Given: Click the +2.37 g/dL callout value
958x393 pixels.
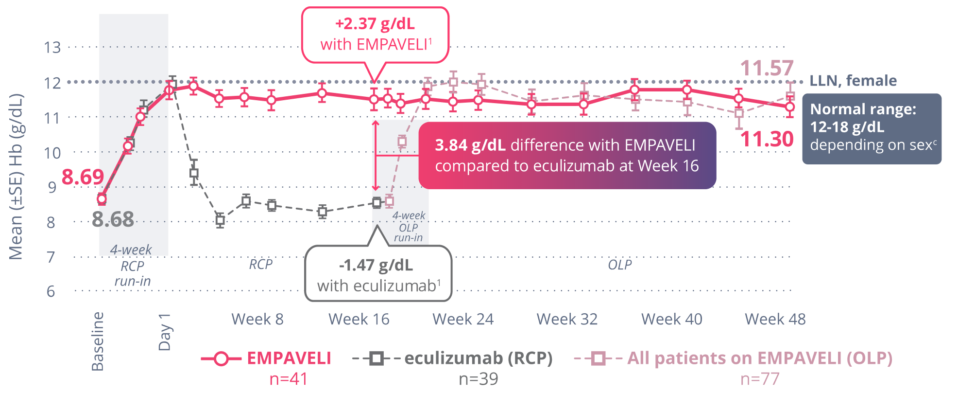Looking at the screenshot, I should click(375, 23).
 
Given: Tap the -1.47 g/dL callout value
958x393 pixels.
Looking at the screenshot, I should click(376, 265).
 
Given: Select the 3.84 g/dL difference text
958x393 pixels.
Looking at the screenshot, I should click(470, 145).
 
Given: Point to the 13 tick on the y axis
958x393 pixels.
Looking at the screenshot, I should click(52, 47).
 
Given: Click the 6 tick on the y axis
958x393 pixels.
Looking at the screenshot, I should click(51, 291).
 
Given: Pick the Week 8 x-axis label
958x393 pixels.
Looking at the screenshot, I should click(257, 319).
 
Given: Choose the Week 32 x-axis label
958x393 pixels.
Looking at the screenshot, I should click(567, 319).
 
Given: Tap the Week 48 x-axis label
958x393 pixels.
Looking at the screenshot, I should click(775, 319).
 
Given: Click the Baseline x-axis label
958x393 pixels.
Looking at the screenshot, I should click(98, 341).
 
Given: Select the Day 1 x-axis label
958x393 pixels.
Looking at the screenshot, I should click(165, 332).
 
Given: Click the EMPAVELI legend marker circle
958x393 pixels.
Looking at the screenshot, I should click(221, 359).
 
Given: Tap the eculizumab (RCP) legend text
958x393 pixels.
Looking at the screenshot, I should click(478, 358).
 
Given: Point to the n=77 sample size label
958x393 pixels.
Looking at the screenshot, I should click(760, 379).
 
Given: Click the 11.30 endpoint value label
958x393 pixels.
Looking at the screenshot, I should click(767, 140).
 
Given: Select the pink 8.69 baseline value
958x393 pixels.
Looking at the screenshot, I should click(83, 177).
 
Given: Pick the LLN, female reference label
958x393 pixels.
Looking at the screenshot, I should click(853, 81).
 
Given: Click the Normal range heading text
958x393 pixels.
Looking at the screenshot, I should click(863, 109).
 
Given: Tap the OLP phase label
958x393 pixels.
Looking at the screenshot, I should click(620, 265).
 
